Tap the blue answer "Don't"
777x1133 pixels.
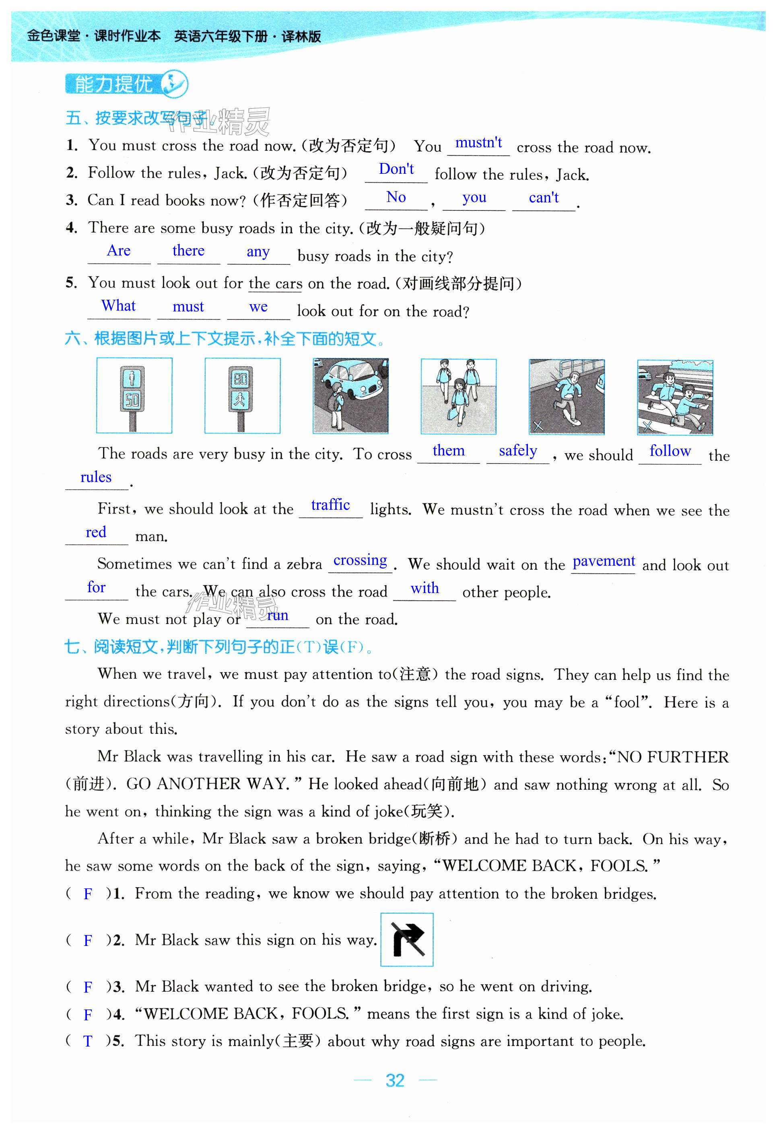(x=396, y=169)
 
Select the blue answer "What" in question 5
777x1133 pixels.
(x=118, y=306)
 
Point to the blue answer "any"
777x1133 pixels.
(x=258, y=252)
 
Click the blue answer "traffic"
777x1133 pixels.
(x=330, y=505)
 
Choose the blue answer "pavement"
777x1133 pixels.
(x=604, y=562)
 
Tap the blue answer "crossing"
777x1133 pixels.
(x=360, y=560)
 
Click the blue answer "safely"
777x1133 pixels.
(x=518, y=451)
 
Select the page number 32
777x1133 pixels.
(x=395, y=1080)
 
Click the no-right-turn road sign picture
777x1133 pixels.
(x=406, y=939)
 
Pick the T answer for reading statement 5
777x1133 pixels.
(x=88, y=1041)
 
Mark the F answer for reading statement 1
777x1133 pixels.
(x=88, y=894)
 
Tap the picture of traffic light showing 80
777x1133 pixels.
(x=242, y=396)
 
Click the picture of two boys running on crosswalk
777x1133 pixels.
(x=675, y=398)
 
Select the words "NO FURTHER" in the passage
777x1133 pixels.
(x=673, y=757)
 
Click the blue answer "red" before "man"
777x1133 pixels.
(x=96, y=532)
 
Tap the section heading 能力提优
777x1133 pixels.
(x=113, y=84)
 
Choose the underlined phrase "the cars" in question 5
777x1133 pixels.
(x=275, y=284)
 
